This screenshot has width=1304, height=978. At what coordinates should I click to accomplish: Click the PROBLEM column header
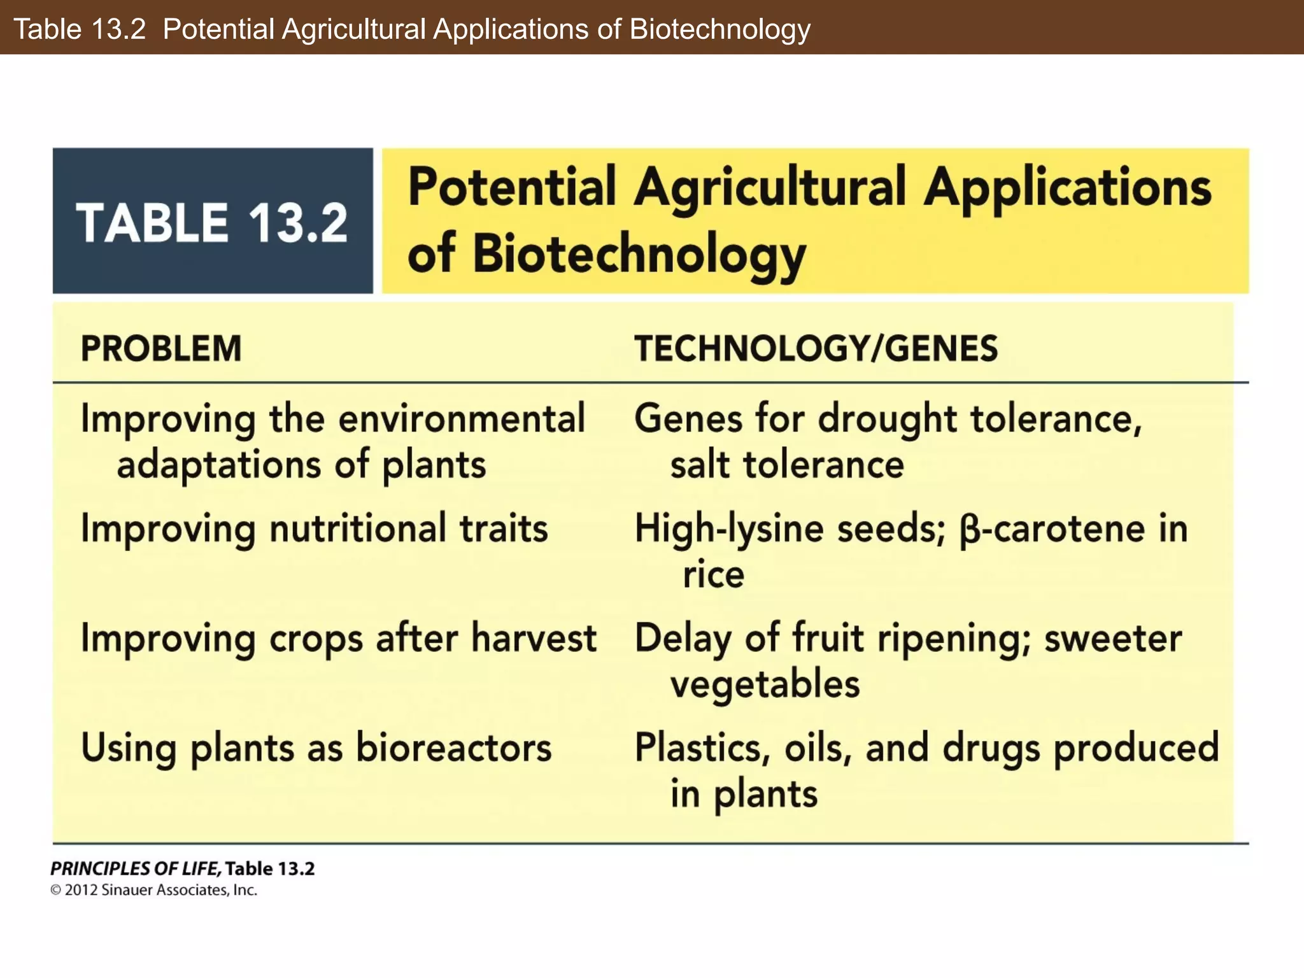pyautogui.click(x=161, y=349)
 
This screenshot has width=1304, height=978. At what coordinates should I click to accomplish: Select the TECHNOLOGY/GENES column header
pyautogui.click(x=816, y=349)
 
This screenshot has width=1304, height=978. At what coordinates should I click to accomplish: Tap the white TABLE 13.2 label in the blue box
pyautogui.click(x=212, y=223)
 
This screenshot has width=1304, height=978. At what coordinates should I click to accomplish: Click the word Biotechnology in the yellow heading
pyautogui.click(x=639, y=255)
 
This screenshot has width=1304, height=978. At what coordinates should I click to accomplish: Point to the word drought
pyautogui.click(x=887, y=420)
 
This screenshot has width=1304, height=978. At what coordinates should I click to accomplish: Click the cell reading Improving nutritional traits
pyautogui.click(x=314, y=529)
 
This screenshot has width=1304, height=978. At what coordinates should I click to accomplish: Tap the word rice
pyautogui.click(x=713, y=575)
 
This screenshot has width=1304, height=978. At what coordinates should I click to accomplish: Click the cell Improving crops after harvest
pyautogui.click(x=338, y=639)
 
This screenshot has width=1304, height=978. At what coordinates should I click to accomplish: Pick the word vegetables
pyautogui.click(x=765, y=685)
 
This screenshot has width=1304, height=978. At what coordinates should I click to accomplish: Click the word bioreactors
pyautogui.click(x=453, y=748)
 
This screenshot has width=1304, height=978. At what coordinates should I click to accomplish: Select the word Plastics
pyautogui.click(x=702, y=748)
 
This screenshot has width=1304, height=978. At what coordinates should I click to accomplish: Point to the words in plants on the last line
pyautogui.click(x=744, y=795)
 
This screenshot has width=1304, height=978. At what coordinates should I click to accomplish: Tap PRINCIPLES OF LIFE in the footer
pyautogui.click(x=135, y=868)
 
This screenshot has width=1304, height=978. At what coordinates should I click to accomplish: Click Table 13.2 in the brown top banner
pyautogui.click(x=80, y=29)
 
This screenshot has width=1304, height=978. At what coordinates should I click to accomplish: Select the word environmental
pyautogui.click(x=461, y=420)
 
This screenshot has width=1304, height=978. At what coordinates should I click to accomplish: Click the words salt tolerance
pyautogui.click(x=787, y=465)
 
